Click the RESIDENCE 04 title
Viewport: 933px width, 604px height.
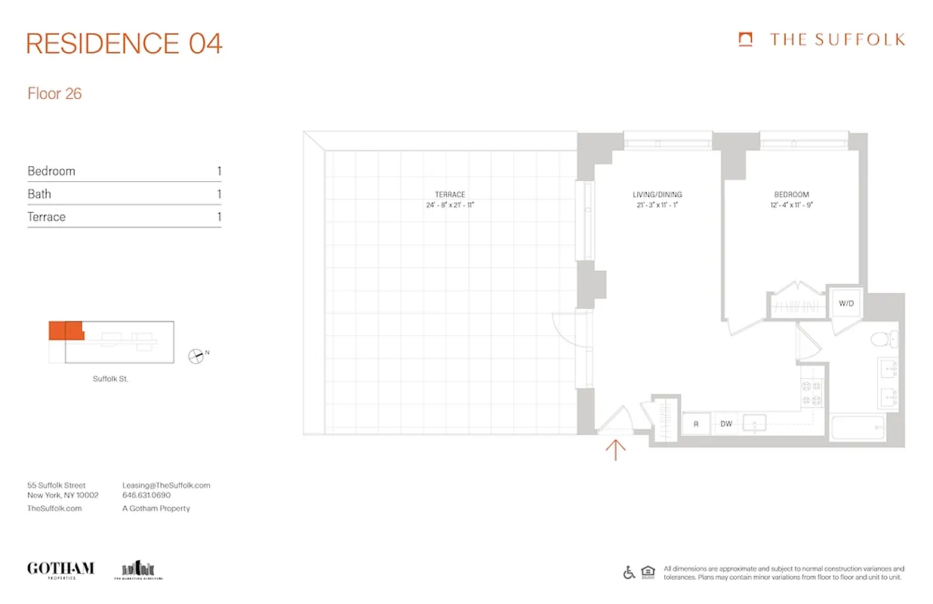point(125,43)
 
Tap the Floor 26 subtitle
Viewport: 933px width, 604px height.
point(54,94)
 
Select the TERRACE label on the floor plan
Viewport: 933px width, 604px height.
point(450,195)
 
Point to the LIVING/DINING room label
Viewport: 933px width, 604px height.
point(657,195)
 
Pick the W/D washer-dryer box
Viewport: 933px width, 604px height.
point(845,304)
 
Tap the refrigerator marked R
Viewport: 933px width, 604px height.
point(696,424)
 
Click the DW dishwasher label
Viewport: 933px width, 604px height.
point(726,424)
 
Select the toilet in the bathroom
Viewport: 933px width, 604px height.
point(882,339)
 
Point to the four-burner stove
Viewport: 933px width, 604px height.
point(811,391)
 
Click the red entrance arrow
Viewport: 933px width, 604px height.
point(616,450)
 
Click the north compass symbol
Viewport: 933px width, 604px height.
point(196,354)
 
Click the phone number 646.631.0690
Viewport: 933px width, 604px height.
point(146,495)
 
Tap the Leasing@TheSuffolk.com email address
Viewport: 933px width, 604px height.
point(166,485)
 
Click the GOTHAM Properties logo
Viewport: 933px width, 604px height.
point(60,569)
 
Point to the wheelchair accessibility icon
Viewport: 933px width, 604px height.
point(629,572)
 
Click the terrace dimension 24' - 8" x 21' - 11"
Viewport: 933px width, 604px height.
point(450,205)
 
